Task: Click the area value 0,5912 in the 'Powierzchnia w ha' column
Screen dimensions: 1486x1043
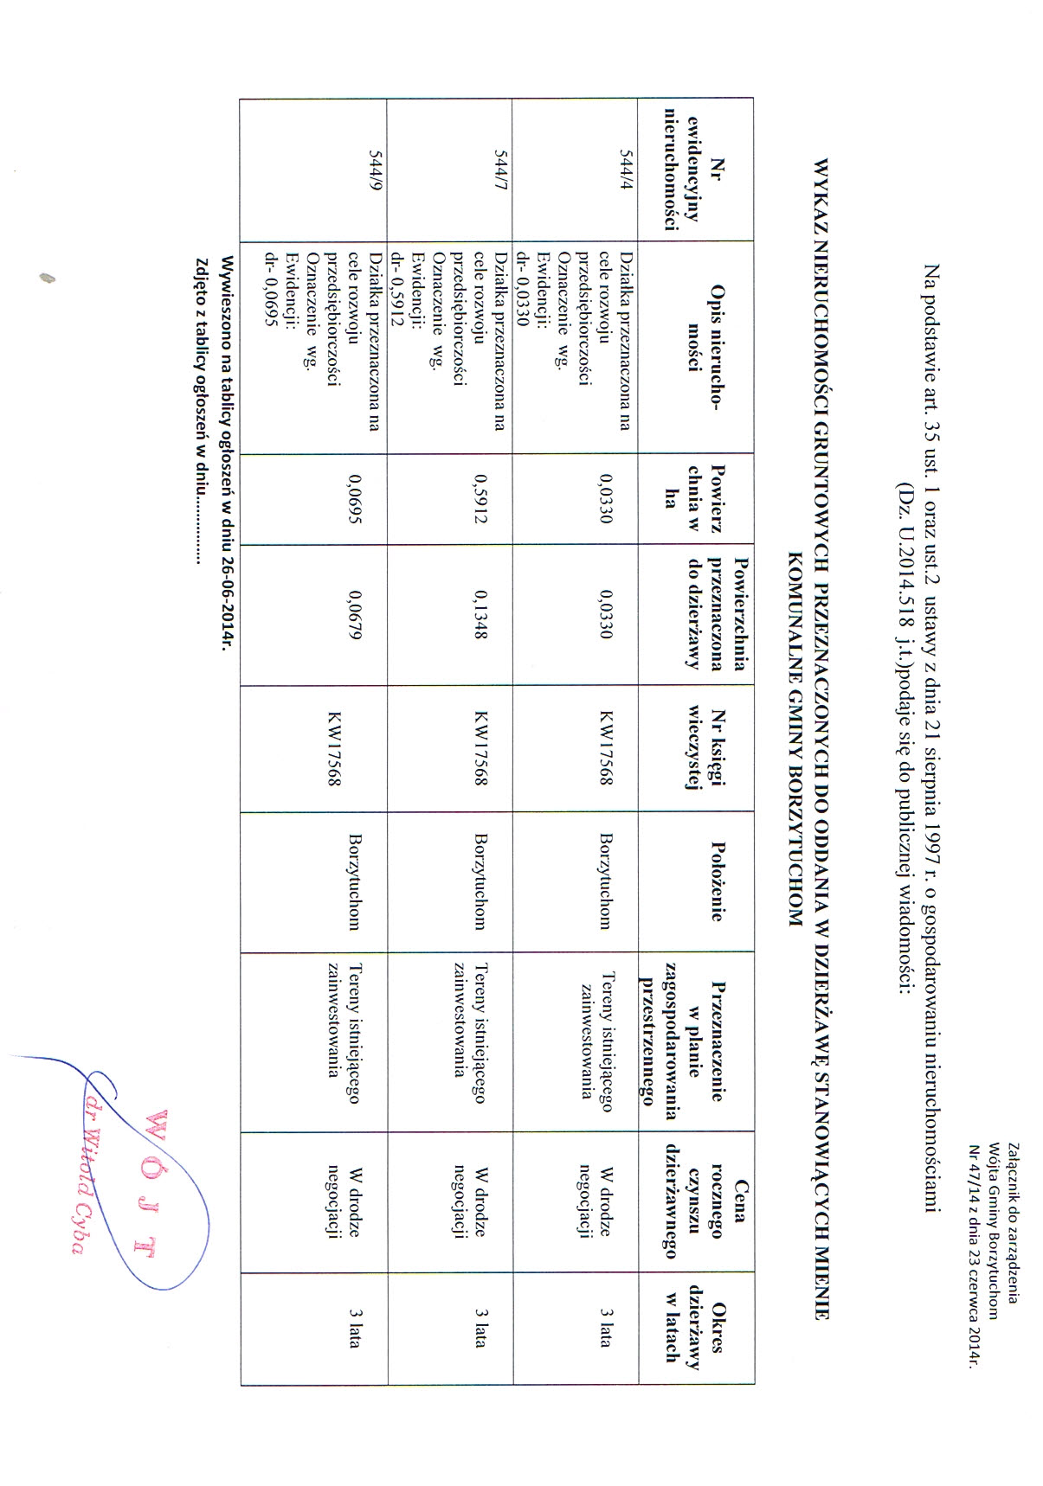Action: coord(481,499)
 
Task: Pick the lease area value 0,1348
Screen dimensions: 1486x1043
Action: coord(481,615)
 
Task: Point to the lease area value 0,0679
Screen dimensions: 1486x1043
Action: coord(355,615)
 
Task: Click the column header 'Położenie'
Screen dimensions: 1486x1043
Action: coord(716,881)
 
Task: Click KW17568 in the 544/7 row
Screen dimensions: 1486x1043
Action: coord(481,748)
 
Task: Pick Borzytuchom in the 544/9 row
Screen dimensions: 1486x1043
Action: coord(355,881)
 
